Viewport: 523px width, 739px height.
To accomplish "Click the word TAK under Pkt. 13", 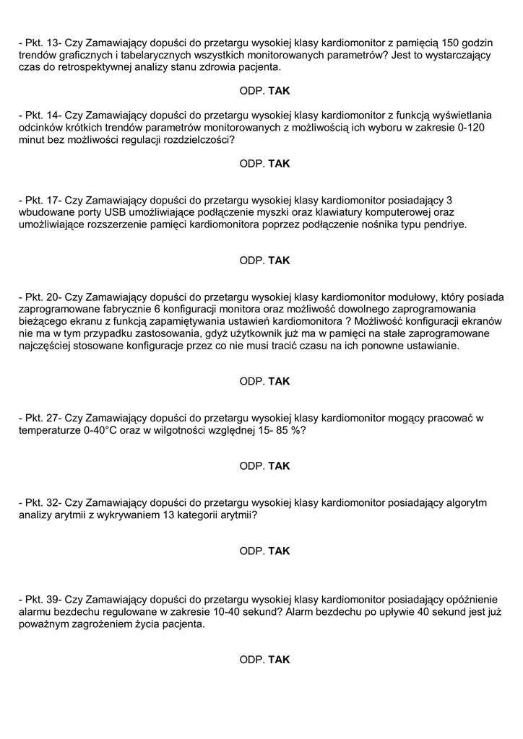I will pyautogui.click(x=279, y=91).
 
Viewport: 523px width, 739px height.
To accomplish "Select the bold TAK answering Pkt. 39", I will pyautogui.click(x=279, y=660).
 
